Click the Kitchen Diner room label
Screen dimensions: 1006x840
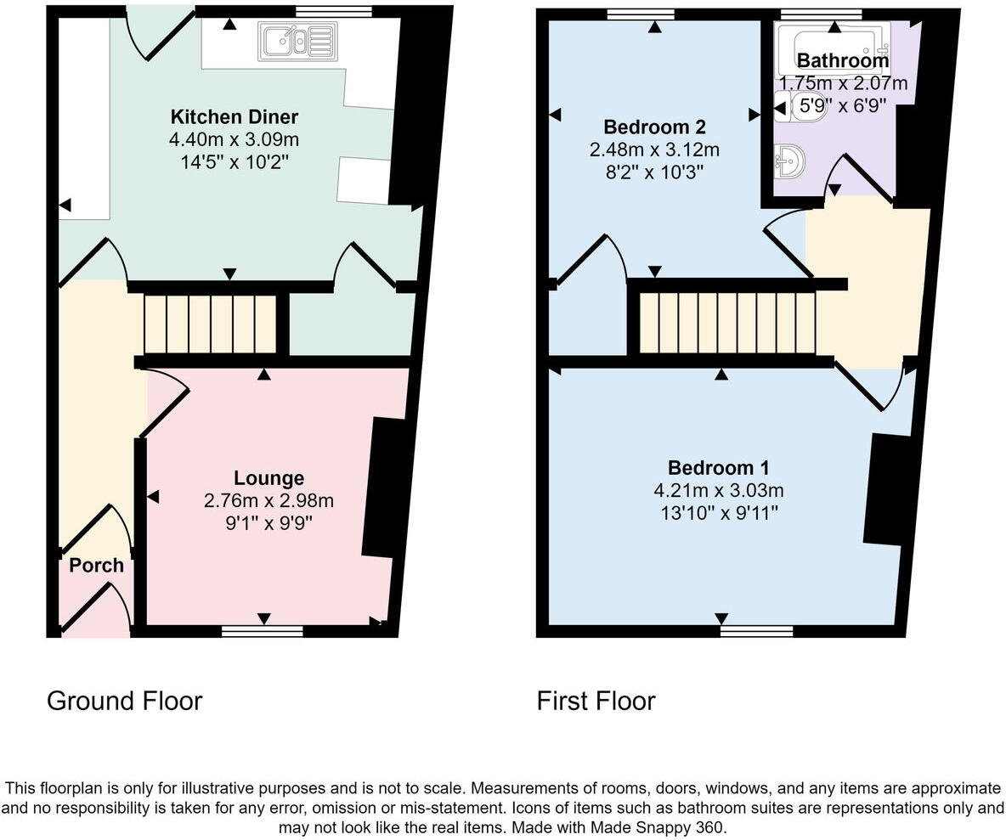click(235, 116)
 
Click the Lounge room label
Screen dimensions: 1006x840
click(268, 478)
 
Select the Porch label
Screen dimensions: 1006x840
click(96, 566)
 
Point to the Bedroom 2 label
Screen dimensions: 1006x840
click(654, 127)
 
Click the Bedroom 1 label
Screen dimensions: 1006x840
click(719, 467)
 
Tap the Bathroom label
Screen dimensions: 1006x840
click(843, 60)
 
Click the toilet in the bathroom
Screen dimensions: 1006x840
click(786, 106)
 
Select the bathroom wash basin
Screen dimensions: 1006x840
click(788, 161)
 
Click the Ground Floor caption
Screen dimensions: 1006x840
click(124, 701)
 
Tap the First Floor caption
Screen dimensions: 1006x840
click(596, 701)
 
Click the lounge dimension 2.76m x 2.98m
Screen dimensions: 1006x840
click(268, 501)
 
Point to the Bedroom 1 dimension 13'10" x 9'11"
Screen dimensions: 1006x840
click(719, 513)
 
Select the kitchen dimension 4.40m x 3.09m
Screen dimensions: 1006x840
click(235, 139)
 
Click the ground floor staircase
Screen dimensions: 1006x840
click(210, 324)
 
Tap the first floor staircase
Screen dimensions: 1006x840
click(727, 323)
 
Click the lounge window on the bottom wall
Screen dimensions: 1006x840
click(263, 632)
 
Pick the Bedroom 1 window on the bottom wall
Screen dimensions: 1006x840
click(757, 632)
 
